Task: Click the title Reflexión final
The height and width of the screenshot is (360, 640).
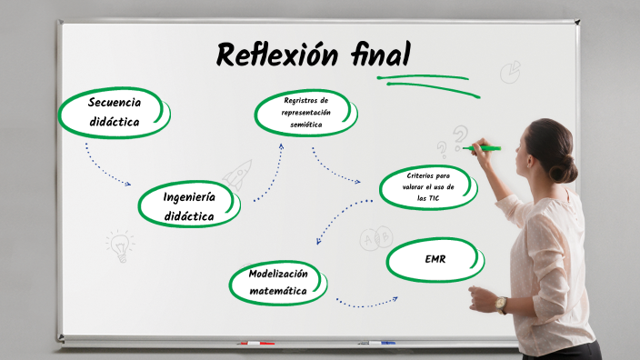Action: (x=313, y=56)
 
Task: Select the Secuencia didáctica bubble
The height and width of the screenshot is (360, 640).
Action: (x=114, y=112)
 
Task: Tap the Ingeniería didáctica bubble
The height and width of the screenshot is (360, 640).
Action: (x=189, y=206)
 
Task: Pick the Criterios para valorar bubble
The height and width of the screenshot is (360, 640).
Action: (x=428, y=186)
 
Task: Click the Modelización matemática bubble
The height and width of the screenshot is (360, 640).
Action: (x=278, y=282)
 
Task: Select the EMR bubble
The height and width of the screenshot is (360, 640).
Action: (x=435, y=260)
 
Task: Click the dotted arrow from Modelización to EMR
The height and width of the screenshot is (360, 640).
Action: (x=366, y=302)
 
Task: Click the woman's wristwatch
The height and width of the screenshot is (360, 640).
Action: (x=501, y=304)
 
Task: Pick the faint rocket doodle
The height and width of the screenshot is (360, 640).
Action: (x=239, y=173)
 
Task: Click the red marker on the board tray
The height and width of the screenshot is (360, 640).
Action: (x=255, y=344)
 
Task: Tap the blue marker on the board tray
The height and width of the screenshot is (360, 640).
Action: (x=376, y=344)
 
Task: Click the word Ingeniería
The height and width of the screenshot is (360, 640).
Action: (x=189, y=196)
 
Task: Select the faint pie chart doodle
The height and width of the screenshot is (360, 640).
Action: (x=511, y=70)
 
